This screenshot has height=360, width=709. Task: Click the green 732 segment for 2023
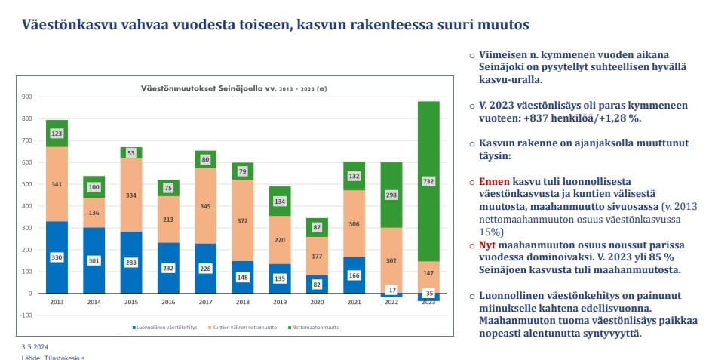[x=428, y=181]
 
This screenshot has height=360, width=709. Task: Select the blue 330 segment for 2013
[x=57, y=257]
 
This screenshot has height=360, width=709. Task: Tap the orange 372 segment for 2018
[x=242, y=220]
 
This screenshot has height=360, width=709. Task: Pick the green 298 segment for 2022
[x=391, y=195]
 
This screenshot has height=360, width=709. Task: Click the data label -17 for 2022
[x=391, y=289]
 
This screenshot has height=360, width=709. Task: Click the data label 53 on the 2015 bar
[x=131, y=153]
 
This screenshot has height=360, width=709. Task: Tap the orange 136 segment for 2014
[x=94, y=213]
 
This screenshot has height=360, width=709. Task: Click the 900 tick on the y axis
[x=26, y=97]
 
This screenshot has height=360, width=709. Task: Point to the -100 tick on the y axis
[x=25, y=315]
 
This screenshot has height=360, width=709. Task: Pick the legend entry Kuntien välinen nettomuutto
[x=242, y=328]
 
